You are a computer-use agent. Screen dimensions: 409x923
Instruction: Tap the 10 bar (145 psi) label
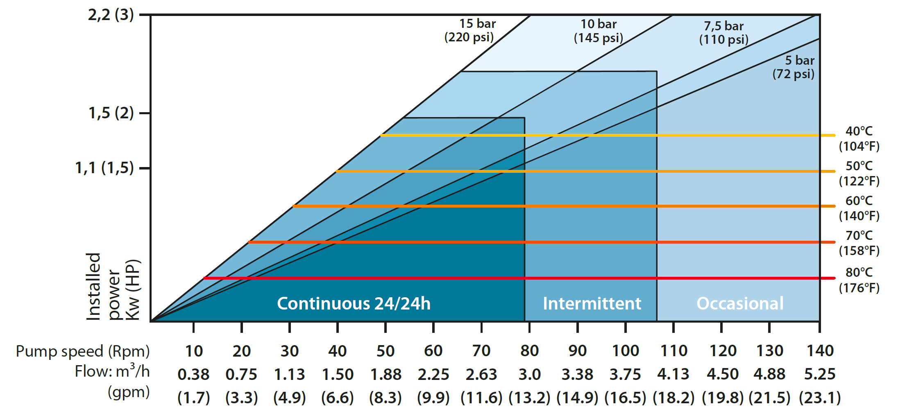(x=598, y=31)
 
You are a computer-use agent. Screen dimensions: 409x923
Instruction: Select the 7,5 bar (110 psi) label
(x=723, y=33)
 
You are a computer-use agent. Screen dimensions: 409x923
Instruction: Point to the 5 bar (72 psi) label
(x=794, y=67)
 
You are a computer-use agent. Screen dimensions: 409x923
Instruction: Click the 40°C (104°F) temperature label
(x=859, y=138)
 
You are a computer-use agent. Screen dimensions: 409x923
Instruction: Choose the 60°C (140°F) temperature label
(x=859, y=208)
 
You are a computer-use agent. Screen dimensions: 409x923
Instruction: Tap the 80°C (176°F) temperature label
(x=859, y=280)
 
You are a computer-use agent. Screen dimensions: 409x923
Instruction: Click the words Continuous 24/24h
(x=354, y=303)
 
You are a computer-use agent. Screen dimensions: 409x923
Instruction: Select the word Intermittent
(x=592, y=303)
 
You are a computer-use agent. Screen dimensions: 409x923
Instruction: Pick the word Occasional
(x=740, y=303)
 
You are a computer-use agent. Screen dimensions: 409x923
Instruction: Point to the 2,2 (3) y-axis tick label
(x=111, y=15)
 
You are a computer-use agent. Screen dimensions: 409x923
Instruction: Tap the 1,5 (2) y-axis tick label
(x=111, y=113)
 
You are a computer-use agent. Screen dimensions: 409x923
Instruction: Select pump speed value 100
(x=625, y=351)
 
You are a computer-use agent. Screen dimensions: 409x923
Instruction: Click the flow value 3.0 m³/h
(x=529, y=374)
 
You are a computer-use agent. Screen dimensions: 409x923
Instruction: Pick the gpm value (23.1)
(x=819, y=397)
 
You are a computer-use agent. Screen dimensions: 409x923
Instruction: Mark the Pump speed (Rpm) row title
(x=83, y=351)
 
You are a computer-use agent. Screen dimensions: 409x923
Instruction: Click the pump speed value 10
(x=194, y=351)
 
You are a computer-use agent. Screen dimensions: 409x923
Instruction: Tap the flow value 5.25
(x=819, y=374)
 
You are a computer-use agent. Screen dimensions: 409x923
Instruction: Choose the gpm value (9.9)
(x=433, y=397)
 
